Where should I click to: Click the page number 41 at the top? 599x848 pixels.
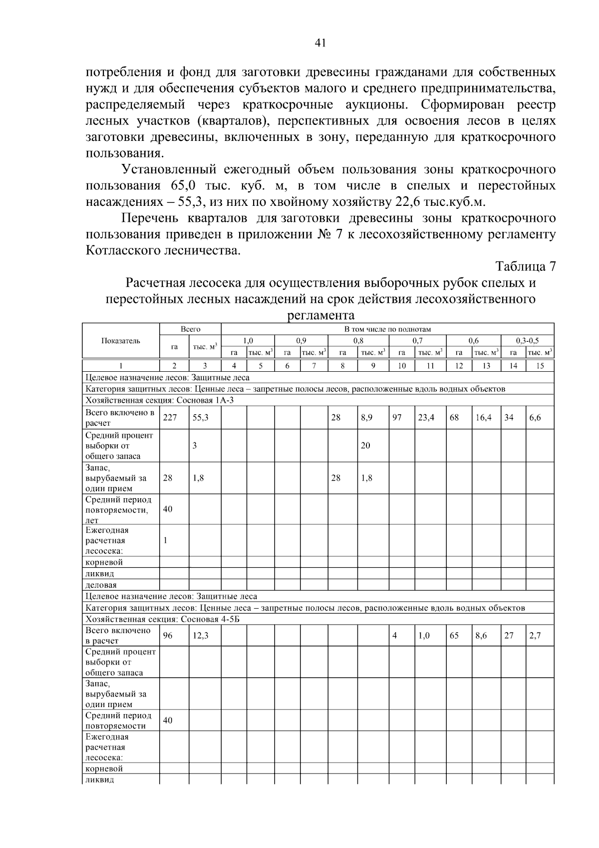[x=320, y=43]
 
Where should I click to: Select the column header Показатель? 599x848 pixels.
[x=120, y=341]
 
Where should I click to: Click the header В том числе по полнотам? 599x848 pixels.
[x=387, y=329]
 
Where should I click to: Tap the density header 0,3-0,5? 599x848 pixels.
[x=527, y=341]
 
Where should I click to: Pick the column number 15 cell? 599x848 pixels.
[x=540, y=366]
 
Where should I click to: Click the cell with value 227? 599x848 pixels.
[x=170, y=418]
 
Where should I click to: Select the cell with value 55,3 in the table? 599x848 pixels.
[x=200, y=418]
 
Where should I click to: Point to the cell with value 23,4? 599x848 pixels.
[x=426, y=418]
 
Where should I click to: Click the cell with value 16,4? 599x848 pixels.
[x=483, y=418]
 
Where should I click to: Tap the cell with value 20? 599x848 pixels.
[x=365, y=446]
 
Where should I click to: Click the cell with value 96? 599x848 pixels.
[x=168, y=636]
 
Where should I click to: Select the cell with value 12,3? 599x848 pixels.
[x=200, y=636]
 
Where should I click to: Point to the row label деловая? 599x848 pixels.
[x=101, y=585]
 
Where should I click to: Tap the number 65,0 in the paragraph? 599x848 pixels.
[x=186, y=186]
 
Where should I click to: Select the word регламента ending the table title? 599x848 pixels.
[x=321, y=315]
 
